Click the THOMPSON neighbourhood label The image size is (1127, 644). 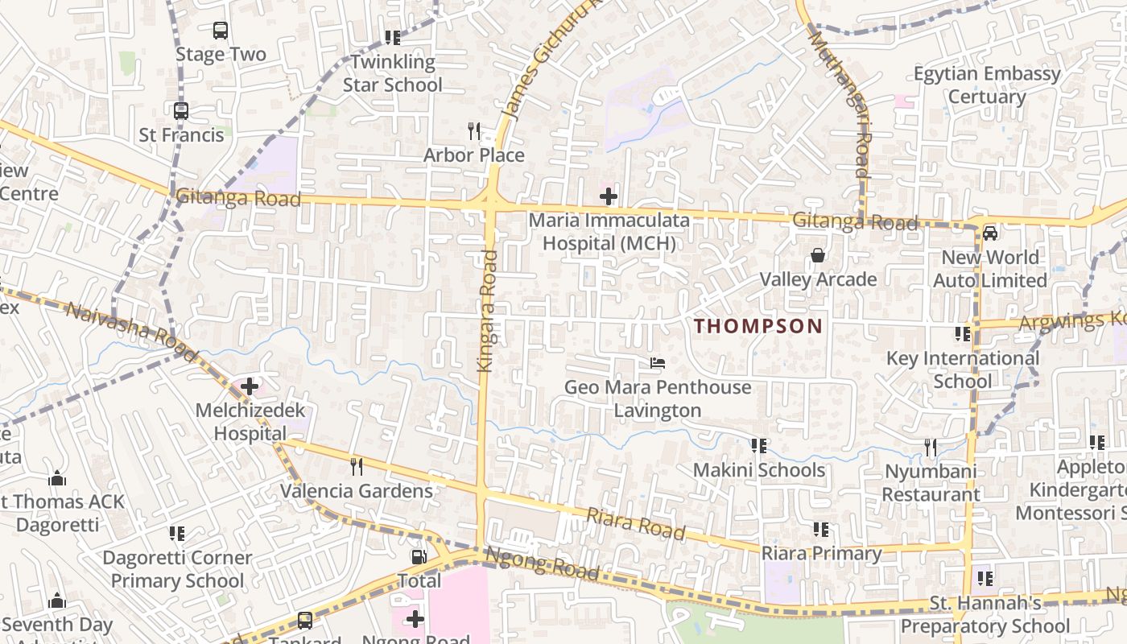pyautogui.click(x=758, y=326)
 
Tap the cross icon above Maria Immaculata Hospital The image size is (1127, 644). pyautogui.click(x=609, y=196)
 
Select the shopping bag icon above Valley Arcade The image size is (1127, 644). pyautogui.click(x=818, y=256)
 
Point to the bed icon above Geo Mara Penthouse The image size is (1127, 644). pyautogui.click(x=658, y=363)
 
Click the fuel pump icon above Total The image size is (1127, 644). pyautogui.click(x=419, y=556)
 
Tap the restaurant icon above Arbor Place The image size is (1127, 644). pyautogui.click(x=474, y=130)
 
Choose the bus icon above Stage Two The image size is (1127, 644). pyautogui.click(x=221, y=31)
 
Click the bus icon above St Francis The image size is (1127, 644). pyautogui.click(x=181, y=111)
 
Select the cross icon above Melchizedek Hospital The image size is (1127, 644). pyautogui.click(x=250, y=386)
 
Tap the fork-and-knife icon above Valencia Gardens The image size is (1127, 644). pyautogui.click(x=356, y=466)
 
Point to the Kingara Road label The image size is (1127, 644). pyautogui.click(x=488, y=311)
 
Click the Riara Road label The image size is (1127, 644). pyautogui.click(x=636, y=523)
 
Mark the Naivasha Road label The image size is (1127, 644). pyautogui.click(x=132, y=332)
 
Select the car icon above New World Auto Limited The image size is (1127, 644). pyautogui.click(x=990, y=233)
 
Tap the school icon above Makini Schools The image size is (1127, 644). pyautogui.click(x=758, y=445)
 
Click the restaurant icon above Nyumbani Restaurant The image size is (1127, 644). pyautogui.click(x=931, y=447)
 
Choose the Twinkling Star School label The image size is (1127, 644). pyautogui.click(x=393, y=73)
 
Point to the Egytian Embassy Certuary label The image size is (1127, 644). pyautogui.click(x=987, y=85)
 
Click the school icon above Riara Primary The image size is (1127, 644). pyautogui.click(x=821, y=529)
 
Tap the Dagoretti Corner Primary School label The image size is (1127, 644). pyautogui.click(x=177, y=569)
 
